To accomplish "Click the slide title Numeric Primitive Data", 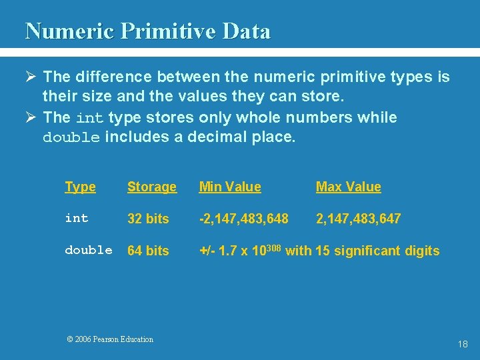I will pyautogui.click(x=147, y=31).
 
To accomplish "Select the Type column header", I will pyautogui.click(x=80, y=187).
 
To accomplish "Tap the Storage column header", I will pyautogui.click(x=152, y=187).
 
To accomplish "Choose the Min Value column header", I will pyautogui.click(x=230, y=187).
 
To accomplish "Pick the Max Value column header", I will pyautogui.click(x=348, y=187).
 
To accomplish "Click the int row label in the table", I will pyautogui.click(x=77, y=218).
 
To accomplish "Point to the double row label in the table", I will pyautogui.click(x=89, y=250).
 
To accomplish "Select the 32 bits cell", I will pyautogui.click(x=148, y=219).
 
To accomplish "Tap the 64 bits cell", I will pyautogui.click(x=148, y=251).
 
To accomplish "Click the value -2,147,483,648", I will pyautogui.click(x=244, y=219).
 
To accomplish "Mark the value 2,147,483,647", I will pyautogui.click(x=358, y=219).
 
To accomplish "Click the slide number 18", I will pyautogui.click(x=463, y=344).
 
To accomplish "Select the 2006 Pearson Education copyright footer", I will pyautogui.click(x=110, y=339).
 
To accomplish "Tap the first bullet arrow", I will pyautogui.click(x=31, y=77).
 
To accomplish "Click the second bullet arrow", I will pyautogui.click(x=31, y=118).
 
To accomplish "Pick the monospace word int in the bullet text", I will pyautogui.click(x=89, y=119).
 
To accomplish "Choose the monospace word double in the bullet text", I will pyautogui.click(x=71, y=138).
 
